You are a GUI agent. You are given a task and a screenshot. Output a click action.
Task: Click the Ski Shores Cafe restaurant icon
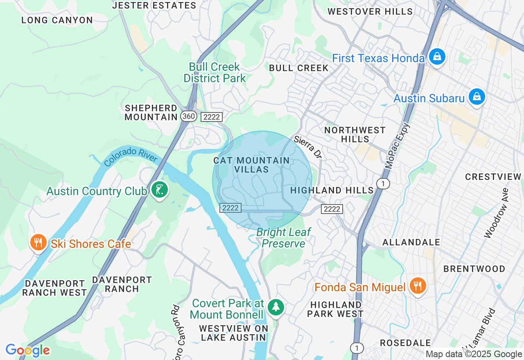tap(38, 242)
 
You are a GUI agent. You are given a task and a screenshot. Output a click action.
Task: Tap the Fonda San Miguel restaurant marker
tap(417, 286)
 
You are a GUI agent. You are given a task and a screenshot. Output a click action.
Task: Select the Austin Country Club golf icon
tap(159, 190)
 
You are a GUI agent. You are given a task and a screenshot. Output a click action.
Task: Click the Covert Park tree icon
tap(276, 307)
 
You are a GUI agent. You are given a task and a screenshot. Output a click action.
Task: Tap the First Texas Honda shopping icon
tap(437, 56)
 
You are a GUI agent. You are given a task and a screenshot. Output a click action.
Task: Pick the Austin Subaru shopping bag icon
tap(477, 97)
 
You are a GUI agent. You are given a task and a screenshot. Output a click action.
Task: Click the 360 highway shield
tap(188, 117)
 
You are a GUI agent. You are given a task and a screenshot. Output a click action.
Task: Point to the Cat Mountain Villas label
tap(251, 165)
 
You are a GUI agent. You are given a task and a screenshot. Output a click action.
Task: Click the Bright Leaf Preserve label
tap(284, 238)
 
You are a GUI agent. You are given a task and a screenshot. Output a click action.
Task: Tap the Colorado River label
tap(131, 156)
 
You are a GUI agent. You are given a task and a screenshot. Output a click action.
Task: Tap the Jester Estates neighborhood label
tap(154, 5)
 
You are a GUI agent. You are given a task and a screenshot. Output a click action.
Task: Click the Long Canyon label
tap(57, 20)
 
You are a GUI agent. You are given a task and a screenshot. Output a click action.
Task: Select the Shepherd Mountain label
tap(151, 112)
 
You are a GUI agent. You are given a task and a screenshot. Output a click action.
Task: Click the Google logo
tap(27, 350)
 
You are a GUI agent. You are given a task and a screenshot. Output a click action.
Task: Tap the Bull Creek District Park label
tap(215, 72)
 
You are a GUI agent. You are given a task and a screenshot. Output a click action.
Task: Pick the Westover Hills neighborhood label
tap(370, 11)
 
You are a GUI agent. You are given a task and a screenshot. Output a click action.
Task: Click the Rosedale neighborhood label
tap(405, 343)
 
